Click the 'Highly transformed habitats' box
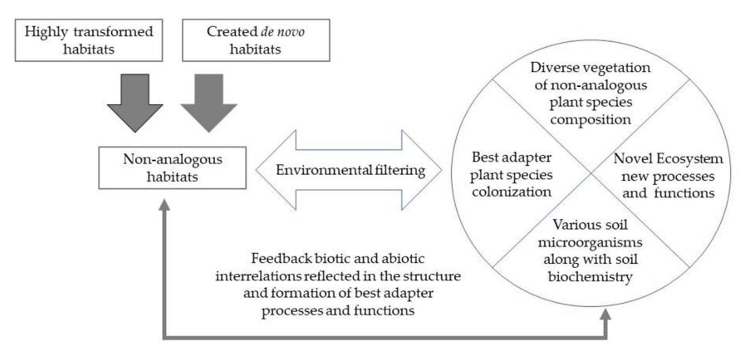[88, 40]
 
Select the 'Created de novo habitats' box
[256, 40]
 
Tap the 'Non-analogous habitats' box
[172, 168]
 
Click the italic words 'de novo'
[282, 31]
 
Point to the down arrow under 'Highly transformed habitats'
[135, 104]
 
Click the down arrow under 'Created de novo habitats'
[209, 104]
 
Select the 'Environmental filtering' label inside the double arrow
[350, 170]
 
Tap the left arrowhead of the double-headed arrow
[272, 170]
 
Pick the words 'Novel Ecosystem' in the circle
[668, 158]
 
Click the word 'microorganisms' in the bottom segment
[590, 242]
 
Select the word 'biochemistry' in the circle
[590, 277]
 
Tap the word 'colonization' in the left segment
[511, 192]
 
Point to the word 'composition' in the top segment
[590, 120]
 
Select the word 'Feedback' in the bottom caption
[281, 258]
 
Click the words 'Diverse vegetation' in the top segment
[590, 68]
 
